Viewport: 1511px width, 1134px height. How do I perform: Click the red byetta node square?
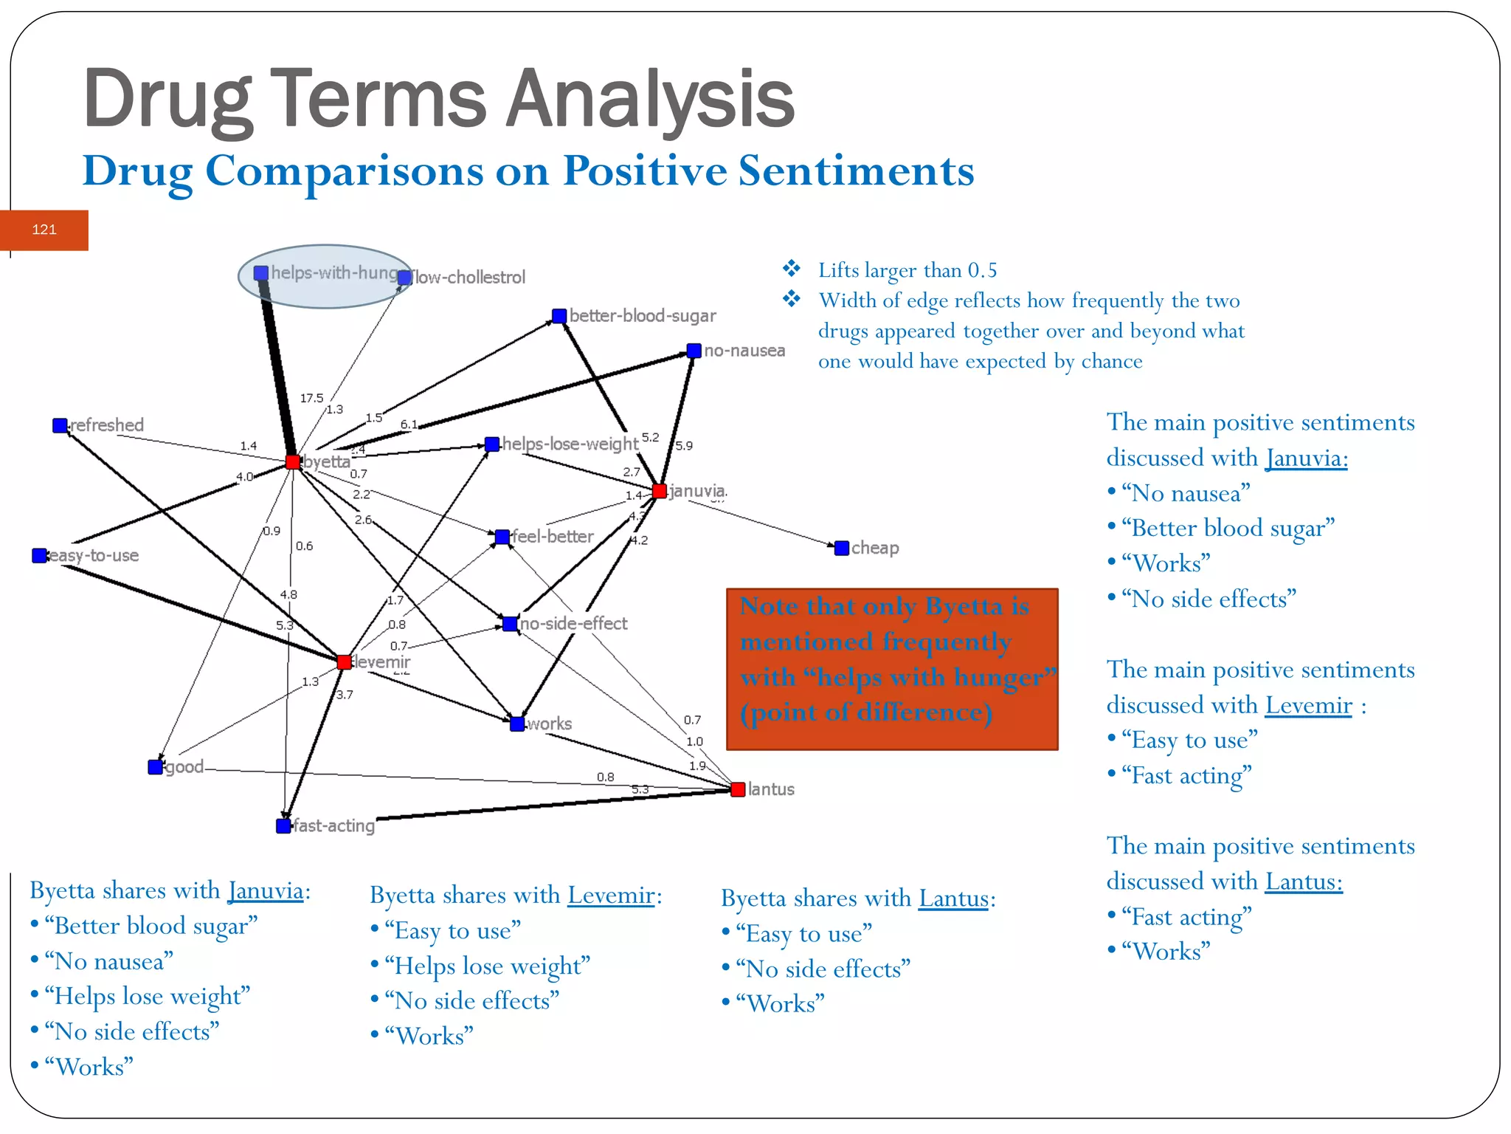pyautogui.click(x=293, y=462)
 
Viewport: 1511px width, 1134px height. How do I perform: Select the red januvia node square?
pyautogui.click(x=660, y=491)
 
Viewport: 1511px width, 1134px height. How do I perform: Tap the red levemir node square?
pyautogui.click(x=344, y=661)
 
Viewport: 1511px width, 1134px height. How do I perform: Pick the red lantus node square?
pyautogui.click(x=738, y=789)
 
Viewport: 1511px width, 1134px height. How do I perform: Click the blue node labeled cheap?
pyautogui.click(x=842, y=548)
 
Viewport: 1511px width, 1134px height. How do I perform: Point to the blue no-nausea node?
pyautogui.click(x=694, y=351)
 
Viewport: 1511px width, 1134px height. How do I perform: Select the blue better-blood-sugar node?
pyautogui.click(x=559, y=316)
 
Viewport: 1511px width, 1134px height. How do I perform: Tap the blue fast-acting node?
pyautogui.click(x=283, y=825)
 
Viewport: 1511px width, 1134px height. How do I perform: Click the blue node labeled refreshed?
pyautogui.click(x=60, y=425)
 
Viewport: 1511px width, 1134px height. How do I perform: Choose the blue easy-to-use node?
pyautogui.click(x=40, y=555)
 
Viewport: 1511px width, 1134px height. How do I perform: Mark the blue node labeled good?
pyautogui.click(x=155, y=767)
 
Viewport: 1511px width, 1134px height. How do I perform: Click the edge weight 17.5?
pyautogui.click(x=311, y=398)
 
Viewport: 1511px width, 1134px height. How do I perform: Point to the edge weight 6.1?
pyautogui.click(x=409, y=425)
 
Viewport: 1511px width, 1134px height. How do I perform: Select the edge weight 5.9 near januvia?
pyautogui.click(x=684, y=445)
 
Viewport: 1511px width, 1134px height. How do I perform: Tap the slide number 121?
pyautogui.click(x=44, y=230)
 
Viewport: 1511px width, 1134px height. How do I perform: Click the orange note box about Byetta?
pyautogui.click(x=892, y=669)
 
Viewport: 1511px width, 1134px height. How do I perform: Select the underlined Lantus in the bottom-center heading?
pyautogui.click(x=953, y=898)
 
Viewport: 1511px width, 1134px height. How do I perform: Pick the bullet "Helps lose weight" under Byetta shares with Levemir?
pyautogui.click(x=487, y=966)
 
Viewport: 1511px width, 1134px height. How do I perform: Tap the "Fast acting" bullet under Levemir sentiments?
pyautogui.click(x=1186, y=776)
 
